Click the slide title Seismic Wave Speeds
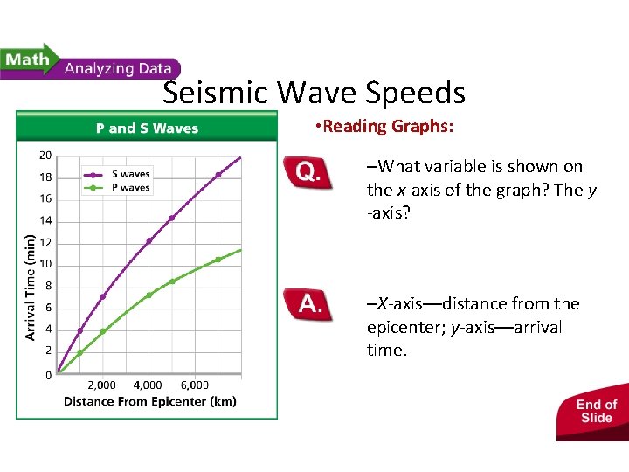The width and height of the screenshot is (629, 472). pos(314,92)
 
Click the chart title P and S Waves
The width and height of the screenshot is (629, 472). pos(147,128)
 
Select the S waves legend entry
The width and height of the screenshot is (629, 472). pos(130,174)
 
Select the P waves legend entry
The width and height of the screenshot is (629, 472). pos(130,187)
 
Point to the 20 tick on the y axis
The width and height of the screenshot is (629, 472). pos(45,156)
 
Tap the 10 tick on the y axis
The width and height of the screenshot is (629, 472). pos(45,264)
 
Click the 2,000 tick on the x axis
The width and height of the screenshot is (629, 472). pos(101,385)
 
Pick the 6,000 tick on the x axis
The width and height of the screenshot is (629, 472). pos(194,385)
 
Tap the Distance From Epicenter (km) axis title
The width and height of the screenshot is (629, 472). pos(149,402)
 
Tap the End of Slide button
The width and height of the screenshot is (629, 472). pos(596,411)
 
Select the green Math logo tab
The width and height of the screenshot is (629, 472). pos(28,61)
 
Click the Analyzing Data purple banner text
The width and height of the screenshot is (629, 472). pos(119,68)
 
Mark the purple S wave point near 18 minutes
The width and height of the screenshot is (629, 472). pos(218,175)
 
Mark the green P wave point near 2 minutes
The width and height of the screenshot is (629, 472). pos(80,352)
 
